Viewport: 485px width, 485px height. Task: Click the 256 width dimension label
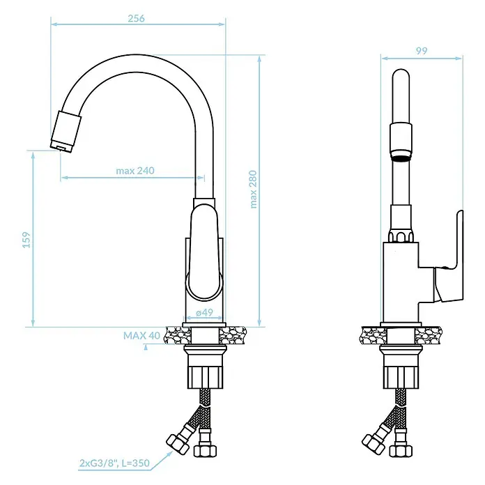[136, 18]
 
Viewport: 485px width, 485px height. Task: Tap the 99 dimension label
[422, 51]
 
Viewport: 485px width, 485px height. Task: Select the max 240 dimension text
[135, 171]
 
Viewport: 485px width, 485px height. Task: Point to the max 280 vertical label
[254, 190]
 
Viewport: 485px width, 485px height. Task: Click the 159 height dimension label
[27, 240]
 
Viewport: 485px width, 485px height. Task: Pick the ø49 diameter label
[204, 312]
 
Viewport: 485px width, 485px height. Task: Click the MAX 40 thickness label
[141, 336]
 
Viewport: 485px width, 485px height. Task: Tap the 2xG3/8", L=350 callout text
[114, 463]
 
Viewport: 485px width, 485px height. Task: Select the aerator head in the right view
[401, 141]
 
